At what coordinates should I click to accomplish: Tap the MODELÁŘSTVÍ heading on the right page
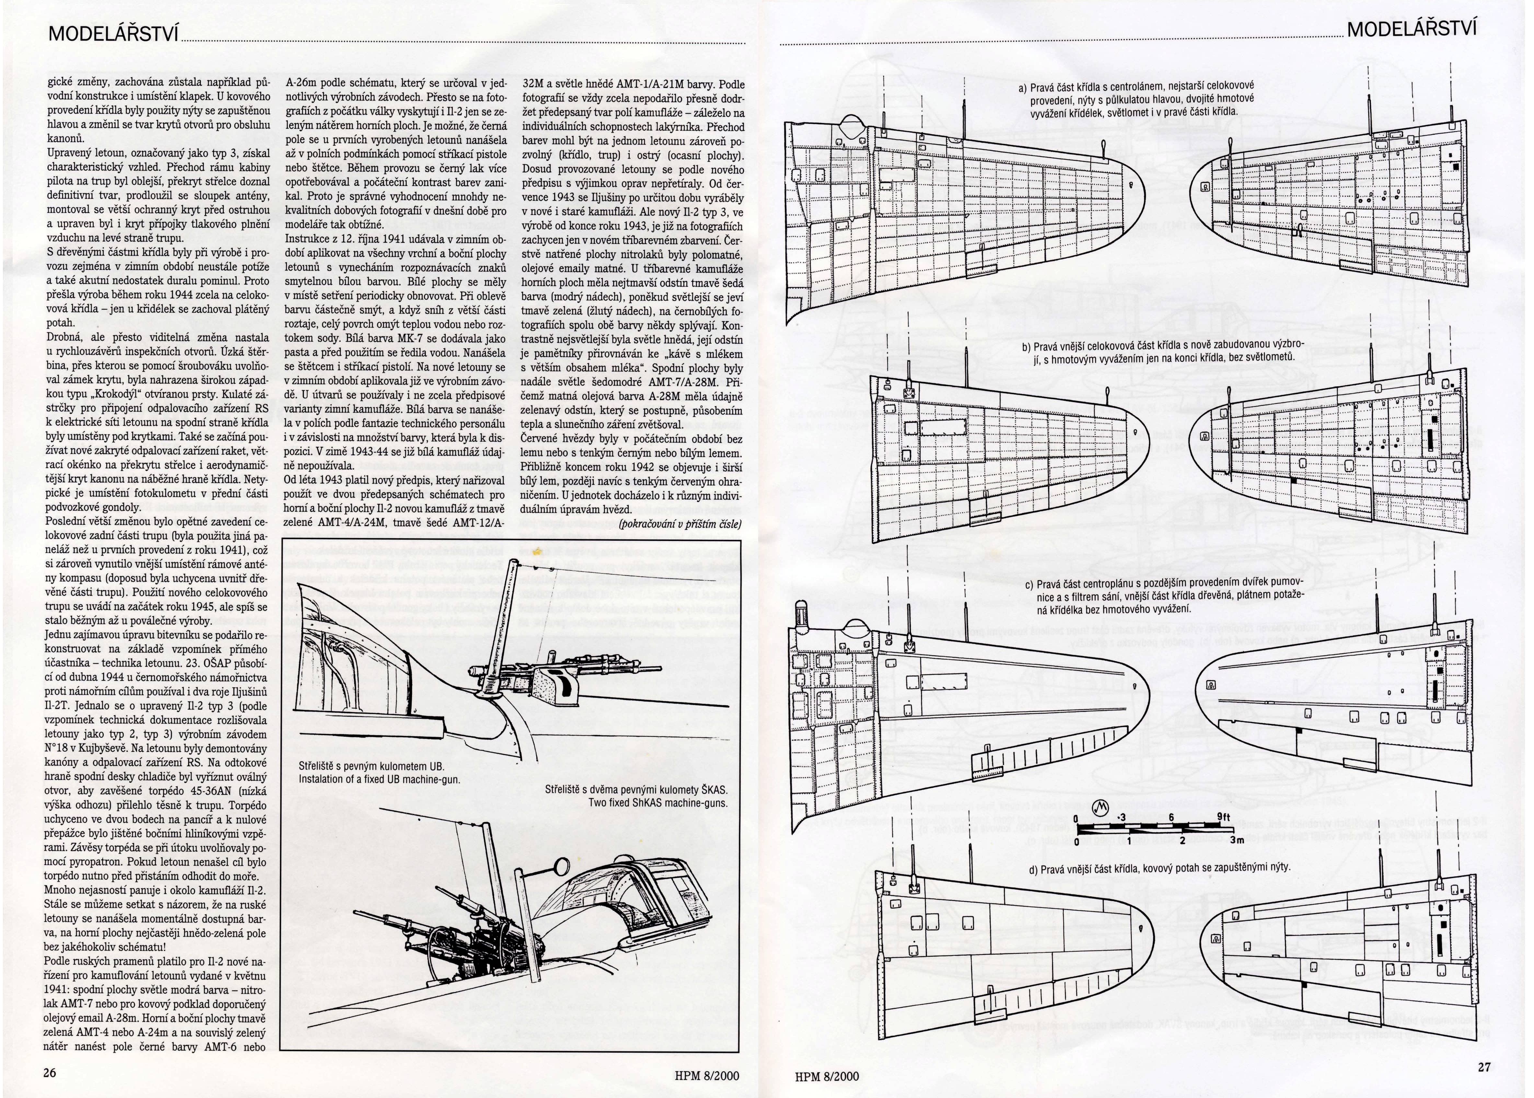coord(1412,29)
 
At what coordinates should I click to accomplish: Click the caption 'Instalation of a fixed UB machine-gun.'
coord(379,779)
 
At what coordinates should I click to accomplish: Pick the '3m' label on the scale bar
coord(1237,840)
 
